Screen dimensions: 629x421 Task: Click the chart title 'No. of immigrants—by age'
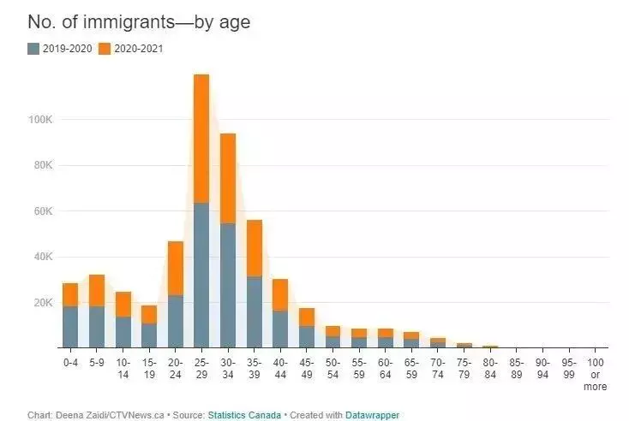tap(139, 21)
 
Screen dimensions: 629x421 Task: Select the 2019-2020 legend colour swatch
tap(33, 49)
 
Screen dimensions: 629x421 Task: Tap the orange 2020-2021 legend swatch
tap(105, 49)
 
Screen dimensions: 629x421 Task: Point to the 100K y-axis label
tap(40, 120)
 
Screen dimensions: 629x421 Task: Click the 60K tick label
tap(43, 211)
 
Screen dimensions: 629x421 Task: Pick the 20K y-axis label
tap(43, 302)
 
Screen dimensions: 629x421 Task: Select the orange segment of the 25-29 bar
tap(201, 139)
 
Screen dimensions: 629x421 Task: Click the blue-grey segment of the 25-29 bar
tap(201, 276)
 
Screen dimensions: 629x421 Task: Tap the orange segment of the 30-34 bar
tap(228, 178)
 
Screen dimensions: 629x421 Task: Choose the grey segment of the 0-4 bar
tap(70, 327)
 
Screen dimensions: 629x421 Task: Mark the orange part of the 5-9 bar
tap(97, 290)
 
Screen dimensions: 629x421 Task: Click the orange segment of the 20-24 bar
tap(176, 269)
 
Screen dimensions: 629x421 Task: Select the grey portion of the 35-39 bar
tap(255, 312)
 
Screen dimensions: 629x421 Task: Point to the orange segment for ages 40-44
tap(280, 295)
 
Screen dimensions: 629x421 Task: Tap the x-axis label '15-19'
tap(149, 369)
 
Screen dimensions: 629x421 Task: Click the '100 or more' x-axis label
tap(595, 375)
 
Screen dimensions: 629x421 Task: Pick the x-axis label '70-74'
tap(437, 369)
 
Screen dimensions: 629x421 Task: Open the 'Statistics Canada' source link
tap(244, 415)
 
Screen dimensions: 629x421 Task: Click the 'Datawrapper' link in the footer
tap(372, 415)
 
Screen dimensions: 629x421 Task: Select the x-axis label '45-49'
tap(307, 369)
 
